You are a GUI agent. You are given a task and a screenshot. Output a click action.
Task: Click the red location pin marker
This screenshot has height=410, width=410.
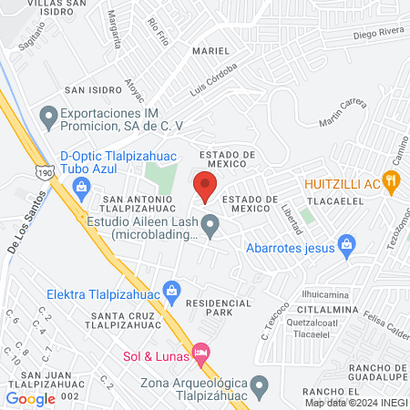coord(205,185)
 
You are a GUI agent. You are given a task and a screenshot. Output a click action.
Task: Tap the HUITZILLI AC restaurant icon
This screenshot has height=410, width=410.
coord(393,180)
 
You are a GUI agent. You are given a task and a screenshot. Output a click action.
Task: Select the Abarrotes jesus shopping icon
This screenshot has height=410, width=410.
coord(346,243)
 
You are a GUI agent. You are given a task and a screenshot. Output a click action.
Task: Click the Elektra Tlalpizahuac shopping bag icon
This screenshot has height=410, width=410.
coord(170,294)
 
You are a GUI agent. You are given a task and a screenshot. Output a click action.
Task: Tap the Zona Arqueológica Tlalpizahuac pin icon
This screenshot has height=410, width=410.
coord(260,384)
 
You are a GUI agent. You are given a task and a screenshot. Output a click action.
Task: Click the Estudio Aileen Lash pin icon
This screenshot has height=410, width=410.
coord(210,224)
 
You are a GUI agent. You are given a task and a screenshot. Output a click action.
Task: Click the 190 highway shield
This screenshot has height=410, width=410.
coord(48,169)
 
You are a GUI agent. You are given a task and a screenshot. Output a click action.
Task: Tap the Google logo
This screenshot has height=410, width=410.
coord(31,398)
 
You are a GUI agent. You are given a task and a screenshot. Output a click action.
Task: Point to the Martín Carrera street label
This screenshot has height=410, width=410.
coord(343,115)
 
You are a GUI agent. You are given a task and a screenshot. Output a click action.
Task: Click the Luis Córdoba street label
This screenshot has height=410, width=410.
coord(214,80)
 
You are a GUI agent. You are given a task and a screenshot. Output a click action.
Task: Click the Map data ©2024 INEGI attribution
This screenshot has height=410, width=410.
coord(355,402)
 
